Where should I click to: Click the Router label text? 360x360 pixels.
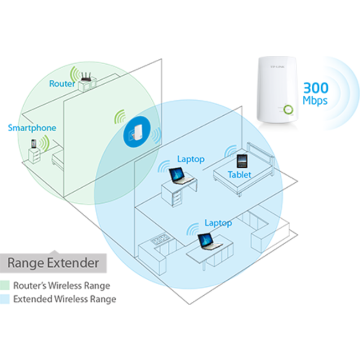60,84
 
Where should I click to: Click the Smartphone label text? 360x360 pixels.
32,128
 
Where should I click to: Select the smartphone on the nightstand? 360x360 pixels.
34,144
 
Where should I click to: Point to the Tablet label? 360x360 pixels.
239,174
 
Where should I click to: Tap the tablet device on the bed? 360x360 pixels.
241,162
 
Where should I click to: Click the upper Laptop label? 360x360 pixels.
191,159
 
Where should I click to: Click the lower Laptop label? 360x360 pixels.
218,223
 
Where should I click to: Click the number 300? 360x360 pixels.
316,88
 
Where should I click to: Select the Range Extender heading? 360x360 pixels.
53,262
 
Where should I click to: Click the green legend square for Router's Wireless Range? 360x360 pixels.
4,286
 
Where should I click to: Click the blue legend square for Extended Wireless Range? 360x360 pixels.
4,299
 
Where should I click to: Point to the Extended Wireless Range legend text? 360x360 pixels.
65,299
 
